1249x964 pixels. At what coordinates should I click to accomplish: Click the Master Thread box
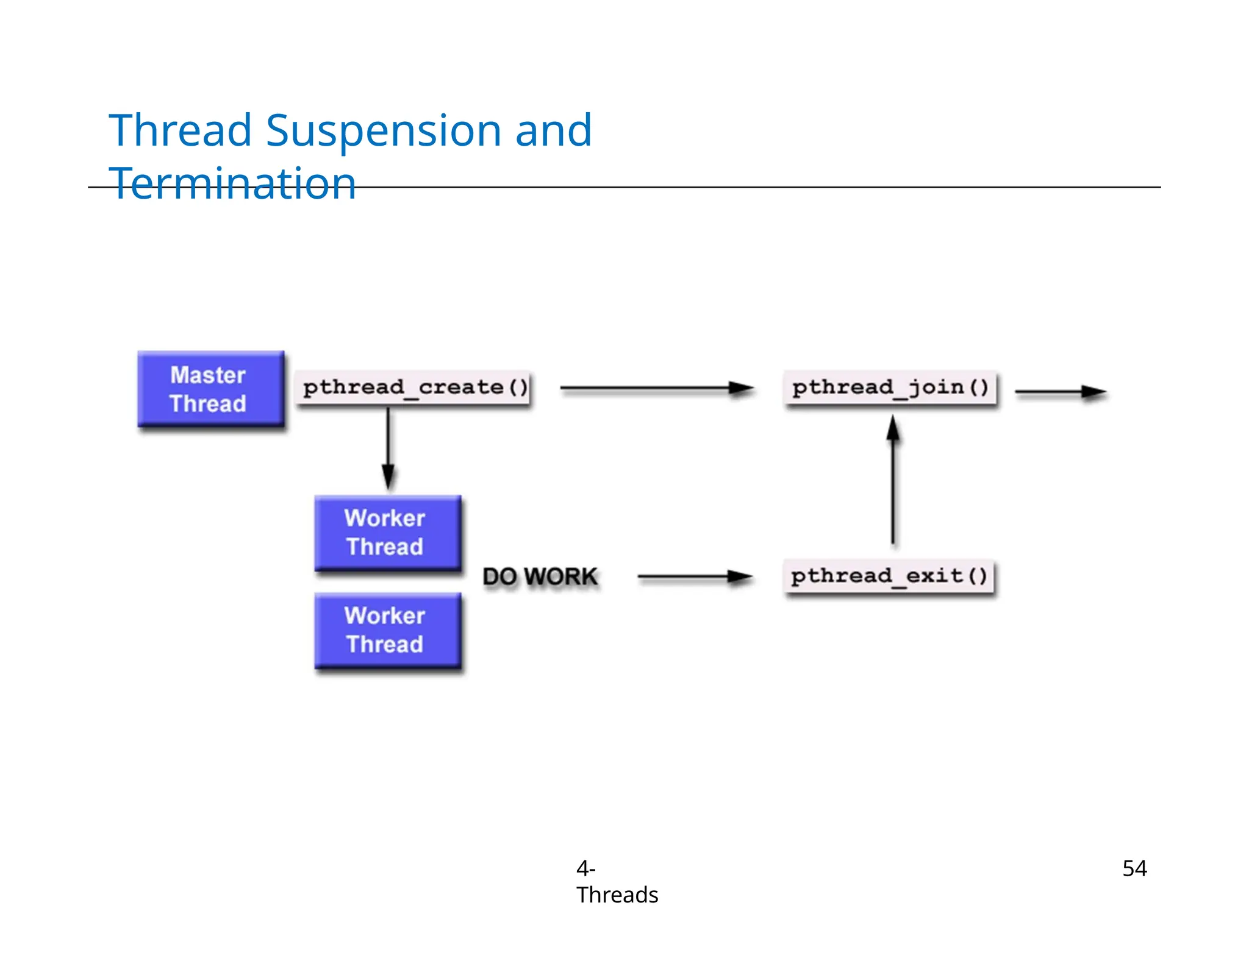coord(210,389)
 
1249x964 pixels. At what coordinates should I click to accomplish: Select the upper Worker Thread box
coord(387,533)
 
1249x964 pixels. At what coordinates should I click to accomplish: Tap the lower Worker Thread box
coord(387,630)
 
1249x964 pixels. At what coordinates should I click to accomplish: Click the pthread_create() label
coord(415,388)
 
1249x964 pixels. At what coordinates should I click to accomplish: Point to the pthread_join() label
coord(890,388)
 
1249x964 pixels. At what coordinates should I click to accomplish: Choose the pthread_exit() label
coord(889,576)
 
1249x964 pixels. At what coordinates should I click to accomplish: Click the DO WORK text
coord(540,576)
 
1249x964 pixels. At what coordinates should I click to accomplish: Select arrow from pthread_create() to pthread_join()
coord(656,388)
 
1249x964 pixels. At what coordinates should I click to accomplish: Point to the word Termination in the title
coord(232,183)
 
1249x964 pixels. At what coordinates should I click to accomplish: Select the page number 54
coord(1134,868)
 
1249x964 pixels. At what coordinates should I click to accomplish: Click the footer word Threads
coord(617,895)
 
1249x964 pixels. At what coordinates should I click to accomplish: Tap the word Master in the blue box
coord(208,375)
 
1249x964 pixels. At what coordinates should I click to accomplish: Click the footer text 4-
coord(585,868)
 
